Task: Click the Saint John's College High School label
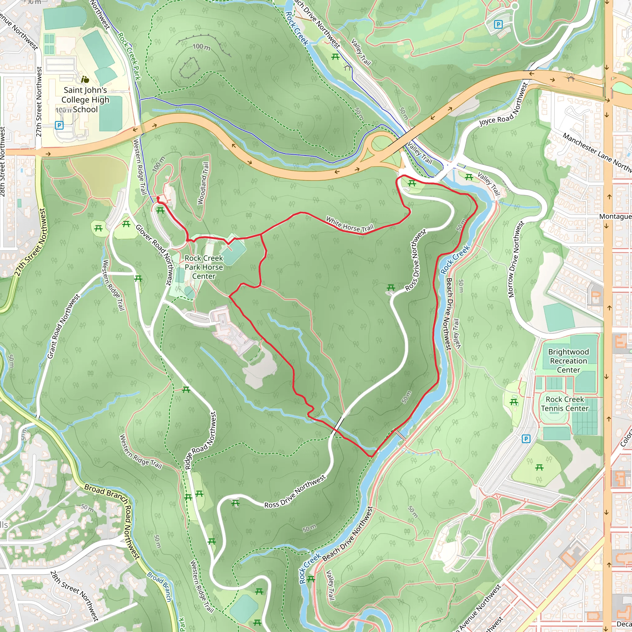tap(85, 99)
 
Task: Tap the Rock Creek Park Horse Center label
tap(203, 267)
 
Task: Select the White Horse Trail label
tap(349, 224)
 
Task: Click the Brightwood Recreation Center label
tap(568, 361)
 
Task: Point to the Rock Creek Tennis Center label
tap(565, 404)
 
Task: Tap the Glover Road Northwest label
tap(154, 254)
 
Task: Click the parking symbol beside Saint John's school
tap(59, 125)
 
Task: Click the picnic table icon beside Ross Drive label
tap(391, 288)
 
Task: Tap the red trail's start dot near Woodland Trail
tap(158, 198)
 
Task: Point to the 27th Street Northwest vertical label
tap(39, 102)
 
